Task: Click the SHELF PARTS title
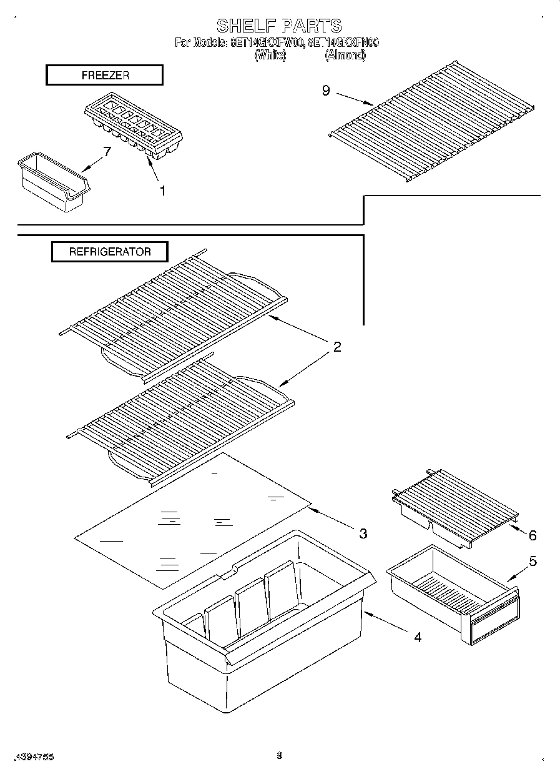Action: click(x=279, y=26)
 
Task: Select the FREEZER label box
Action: click(x=105, y=75)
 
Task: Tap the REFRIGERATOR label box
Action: click(x=109, y=252)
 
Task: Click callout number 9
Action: click(x=326, y=91)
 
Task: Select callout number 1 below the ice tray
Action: click(x=162, y=191)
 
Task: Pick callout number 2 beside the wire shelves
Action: click(x=337, y=347)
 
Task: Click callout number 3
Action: click(x=363, y=533)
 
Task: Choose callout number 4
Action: click(x=417, y=637)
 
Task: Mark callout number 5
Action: click(x=532, y=561)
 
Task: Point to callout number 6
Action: click(x=532, y=535)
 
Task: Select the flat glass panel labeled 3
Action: click(x=194, y=518)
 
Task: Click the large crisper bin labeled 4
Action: click(x=262, y=631)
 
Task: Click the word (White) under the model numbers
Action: click(x=270, y=55)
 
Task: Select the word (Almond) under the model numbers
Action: click(x=345, y=55)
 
